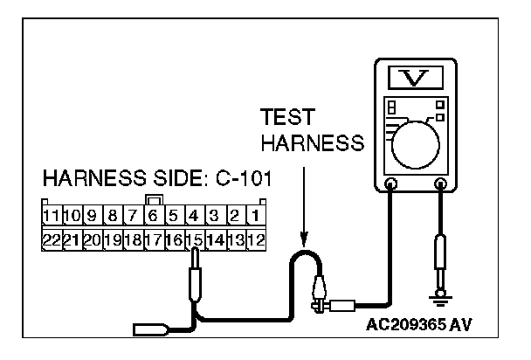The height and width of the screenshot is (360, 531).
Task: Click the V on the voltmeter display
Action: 414,80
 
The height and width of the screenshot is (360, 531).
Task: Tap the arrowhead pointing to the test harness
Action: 302,238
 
